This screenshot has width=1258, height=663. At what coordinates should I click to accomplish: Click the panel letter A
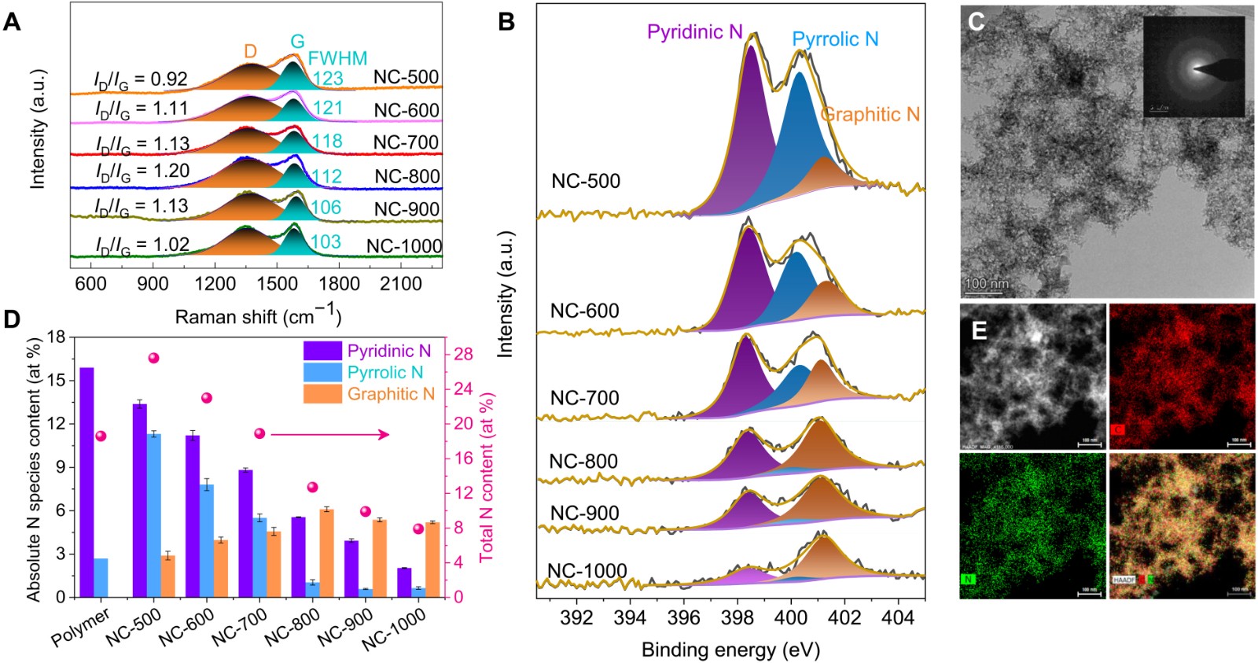coord(12,21)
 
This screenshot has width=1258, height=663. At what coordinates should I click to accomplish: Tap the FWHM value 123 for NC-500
coord(328,78)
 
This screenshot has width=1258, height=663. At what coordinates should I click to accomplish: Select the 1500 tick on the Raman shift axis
coord(277,283)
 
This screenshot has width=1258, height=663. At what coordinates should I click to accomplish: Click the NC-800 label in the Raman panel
coord(407,176)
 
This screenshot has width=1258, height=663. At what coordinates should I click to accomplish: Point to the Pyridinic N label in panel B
coord(694,32)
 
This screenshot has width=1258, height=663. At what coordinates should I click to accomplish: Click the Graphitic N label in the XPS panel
coord(870,115)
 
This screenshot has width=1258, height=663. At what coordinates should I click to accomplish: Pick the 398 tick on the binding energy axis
coord(738,617)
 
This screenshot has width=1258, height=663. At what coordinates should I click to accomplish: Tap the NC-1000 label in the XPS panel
coord(587,570)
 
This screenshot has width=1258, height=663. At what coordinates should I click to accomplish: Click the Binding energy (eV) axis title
coord(730,650)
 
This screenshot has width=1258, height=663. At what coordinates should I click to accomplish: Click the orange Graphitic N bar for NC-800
coord(326,553)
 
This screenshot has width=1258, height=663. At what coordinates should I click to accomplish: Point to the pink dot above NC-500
coord(154,358)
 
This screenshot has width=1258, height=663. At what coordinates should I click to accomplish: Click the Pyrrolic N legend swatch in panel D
coord(322,372)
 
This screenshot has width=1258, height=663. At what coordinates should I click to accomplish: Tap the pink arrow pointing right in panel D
coord(330,434)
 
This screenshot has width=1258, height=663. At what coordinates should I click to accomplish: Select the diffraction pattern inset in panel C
coord(1194,68)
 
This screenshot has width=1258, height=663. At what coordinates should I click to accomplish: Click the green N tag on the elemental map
coord(968,580)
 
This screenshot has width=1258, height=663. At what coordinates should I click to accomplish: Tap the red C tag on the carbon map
coord(1118,430)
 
